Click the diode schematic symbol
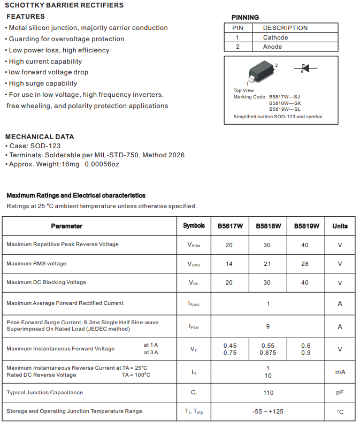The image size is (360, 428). [305, 68]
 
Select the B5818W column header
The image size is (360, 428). [268, 226]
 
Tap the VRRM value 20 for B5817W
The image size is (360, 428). [229, 245]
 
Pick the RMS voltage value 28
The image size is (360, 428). [305, 264]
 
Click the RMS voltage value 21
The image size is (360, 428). [267, 264]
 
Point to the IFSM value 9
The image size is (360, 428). [268, 326]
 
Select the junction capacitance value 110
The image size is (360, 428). [268, 393]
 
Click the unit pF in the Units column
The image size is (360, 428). [340, 393]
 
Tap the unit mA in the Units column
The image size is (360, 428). [340, 372]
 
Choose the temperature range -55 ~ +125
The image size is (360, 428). [268, 411]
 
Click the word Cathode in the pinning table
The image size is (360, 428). [275, 37]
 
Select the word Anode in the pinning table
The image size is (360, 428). [272, 47]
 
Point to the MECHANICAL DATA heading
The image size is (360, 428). [40, 136]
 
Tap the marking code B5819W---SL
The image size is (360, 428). [285, 109]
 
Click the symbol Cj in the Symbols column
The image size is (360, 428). [194, 393]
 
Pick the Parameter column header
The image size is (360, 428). [67, 226]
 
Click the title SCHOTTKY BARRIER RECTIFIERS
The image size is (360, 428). [64, 5]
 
